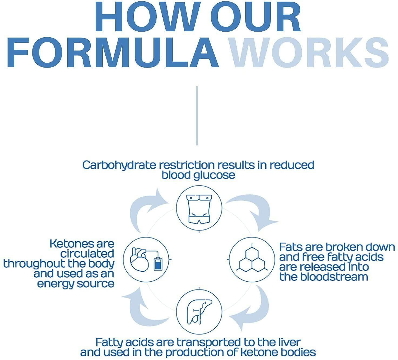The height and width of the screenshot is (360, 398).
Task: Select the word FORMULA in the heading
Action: (113, 52)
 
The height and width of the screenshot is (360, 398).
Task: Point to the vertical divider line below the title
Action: (197, 116)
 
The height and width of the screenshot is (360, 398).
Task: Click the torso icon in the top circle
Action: (199, 209)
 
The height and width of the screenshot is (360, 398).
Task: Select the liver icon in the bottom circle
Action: (199, 312)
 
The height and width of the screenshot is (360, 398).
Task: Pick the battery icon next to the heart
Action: (158, 264)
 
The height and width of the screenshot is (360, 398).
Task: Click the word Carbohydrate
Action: (119, 165)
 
